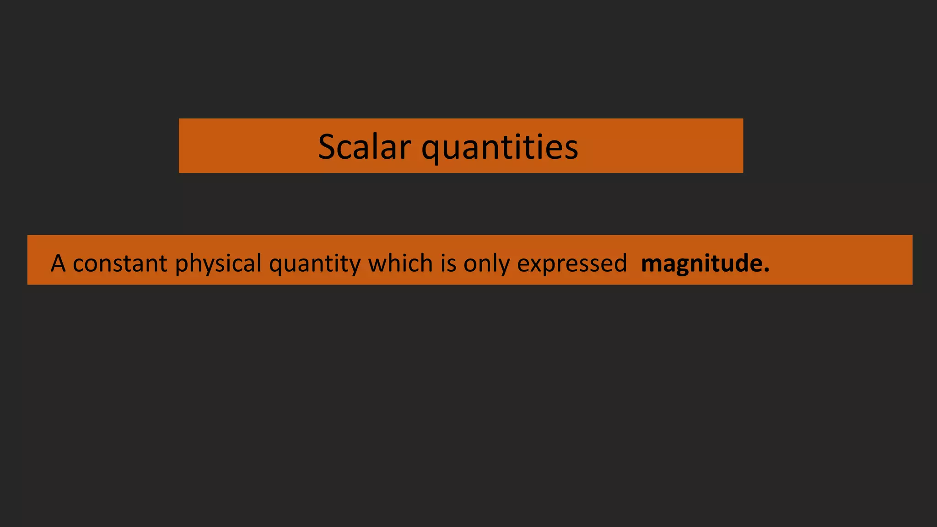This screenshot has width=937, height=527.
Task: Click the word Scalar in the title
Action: [x=364, y=147]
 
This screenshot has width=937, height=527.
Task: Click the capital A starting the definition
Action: [x=58, y=263]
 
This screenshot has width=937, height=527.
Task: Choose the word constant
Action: [x=120, y=263]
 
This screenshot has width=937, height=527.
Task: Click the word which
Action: [x=400, y=263]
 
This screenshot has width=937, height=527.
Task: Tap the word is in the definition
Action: [x=448, y=263]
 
